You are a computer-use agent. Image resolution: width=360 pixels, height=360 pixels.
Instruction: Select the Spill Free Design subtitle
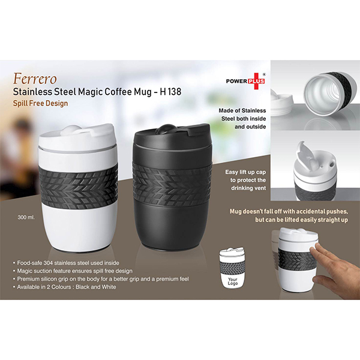pos(40,103)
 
